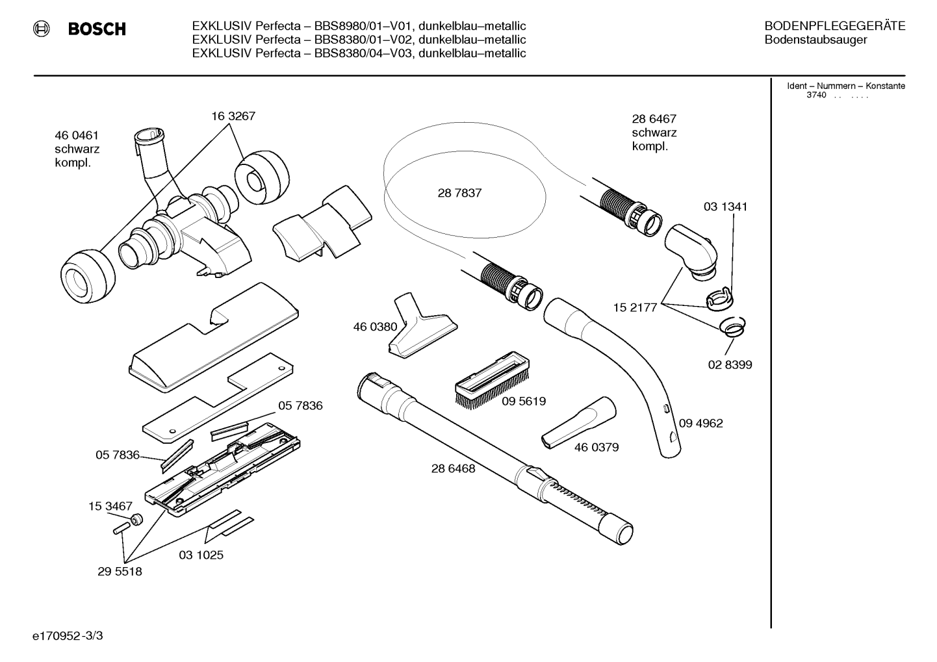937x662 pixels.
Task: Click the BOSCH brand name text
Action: [x=97, y=29]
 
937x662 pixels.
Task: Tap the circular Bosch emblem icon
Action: [x=42, y=29]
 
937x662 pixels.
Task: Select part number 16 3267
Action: [x=233, y=116]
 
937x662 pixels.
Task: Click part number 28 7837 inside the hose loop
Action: [x=459, y=193]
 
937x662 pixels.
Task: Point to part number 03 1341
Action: [x=725, y=207]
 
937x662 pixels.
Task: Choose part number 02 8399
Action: [x=730, y=364]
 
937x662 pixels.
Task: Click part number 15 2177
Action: [x=635, y=308]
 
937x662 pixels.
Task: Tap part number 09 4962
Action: [x=700, y=423]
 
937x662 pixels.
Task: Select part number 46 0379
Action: [x=596, y=448]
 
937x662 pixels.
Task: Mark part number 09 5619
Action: [x=524, y=401]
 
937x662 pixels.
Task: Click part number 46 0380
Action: [x=375, y=327]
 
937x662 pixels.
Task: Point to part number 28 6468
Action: [x=453, y=469]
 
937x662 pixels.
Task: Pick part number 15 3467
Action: [x=110, y=507]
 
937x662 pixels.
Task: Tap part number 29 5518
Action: [x=120, y=572]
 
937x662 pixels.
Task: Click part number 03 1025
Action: [x=201, y=555]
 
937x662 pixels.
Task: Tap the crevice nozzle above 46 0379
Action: [x=579, y=423]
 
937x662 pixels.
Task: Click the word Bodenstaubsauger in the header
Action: [x=815, y=40]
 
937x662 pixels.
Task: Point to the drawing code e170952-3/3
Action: [x=68, y=636]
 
